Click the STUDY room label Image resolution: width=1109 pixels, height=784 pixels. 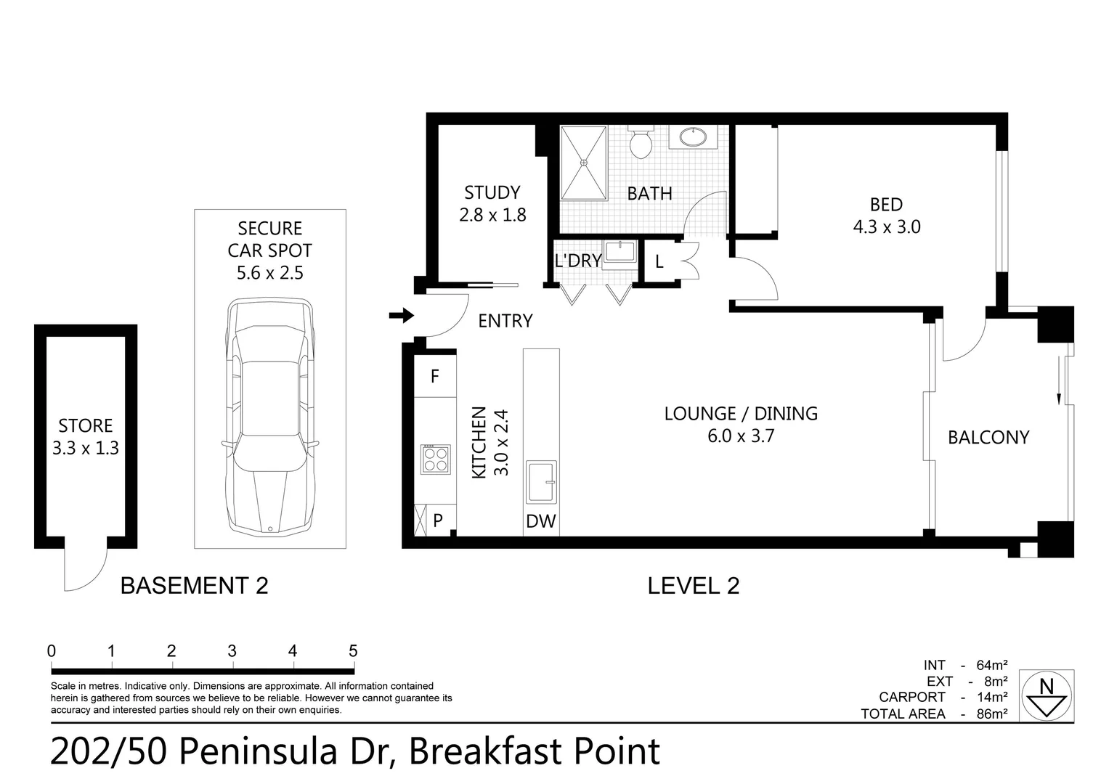[492, 192]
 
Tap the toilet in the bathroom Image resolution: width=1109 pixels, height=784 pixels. [641, 142]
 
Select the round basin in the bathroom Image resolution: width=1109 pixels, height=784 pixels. [693, 136]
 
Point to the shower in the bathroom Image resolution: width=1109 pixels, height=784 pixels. [584, 163]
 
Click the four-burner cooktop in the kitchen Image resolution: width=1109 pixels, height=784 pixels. [436, 460]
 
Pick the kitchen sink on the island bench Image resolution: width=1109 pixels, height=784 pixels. [541, 482]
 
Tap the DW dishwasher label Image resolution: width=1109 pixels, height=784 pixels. [540, 521]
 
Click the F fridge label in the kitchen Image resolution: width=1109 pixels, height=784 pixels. [435, 377]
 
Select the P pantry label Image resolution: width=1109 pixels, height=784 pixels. [438, 520]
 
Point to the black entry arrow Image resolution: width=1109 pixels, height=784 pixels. [402, 315]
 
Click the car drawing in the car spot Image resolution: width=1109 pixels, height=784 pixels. [270, 417]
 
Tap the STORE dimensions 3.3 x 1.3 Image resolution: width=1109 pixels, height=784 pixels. [86, 448]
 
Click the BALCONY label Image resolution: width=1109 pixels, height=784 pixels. [988, 438]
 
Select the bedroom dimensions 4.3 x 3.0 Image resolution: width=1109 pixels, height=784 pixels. [887, 226]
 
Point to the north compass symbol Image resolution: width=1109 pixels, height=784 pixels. [1047, 696]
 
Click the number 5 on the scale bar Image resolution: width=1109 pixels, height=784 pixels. [353, 651]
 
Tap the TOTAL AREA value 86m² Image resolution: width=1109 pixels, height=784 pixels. [991, 714]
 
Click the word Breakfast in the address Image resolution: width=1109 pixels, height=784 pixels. [487, 751]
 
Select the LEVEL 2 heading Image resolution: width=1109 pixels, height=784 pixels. [694, 586]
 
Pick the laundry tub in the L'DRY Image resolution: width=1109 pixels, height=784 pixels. [620, 253]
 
